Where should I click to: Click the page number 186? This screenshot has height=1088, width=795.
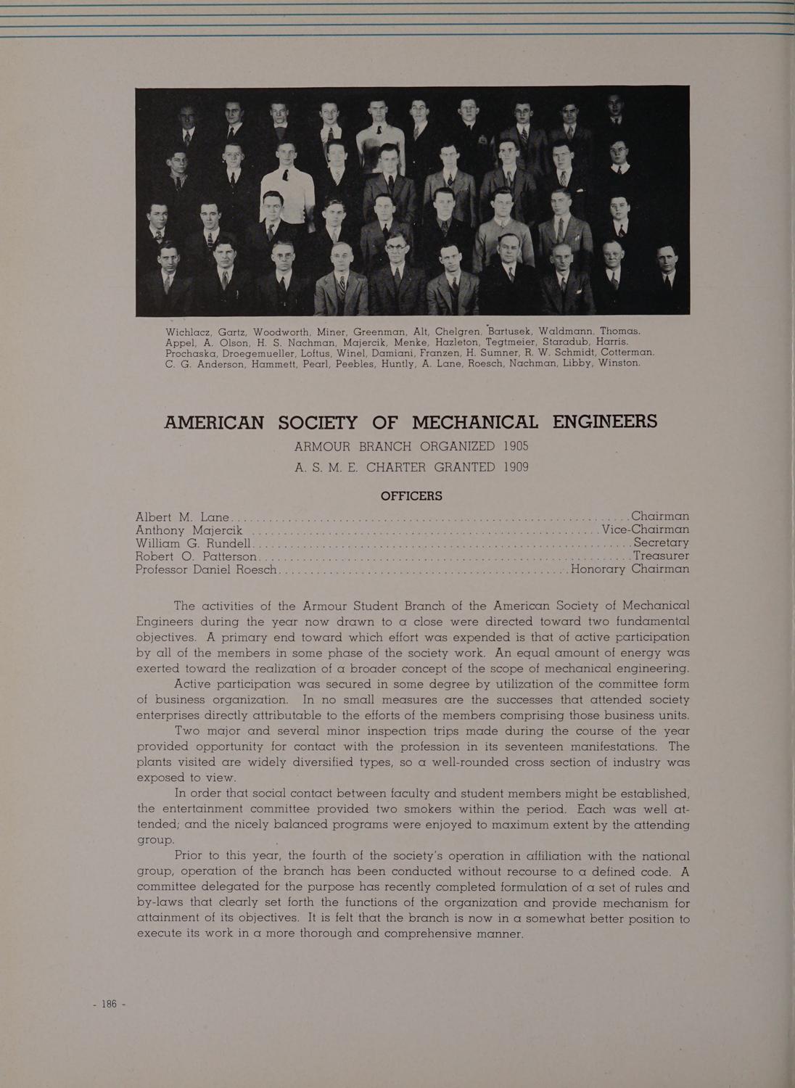coord(110,1004)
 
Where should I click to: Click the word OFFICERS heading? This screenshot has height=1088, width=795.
coord(411,496)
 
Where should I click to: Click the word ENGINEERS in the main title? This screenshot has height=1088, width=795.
coord(605,421)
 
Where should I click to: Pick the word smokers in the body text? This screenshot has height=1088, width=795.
coord(405,809)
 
